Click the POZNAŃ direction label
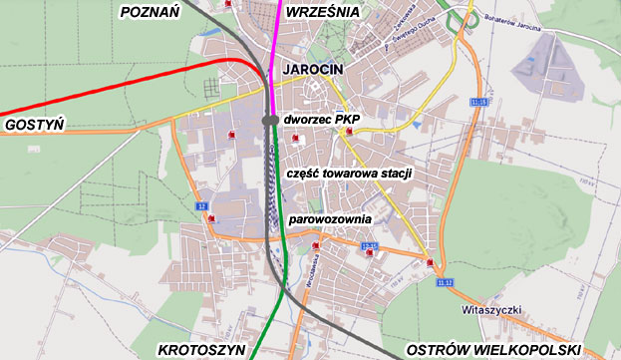148,12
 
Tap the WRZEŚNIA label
320,12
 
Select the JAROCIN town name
312,69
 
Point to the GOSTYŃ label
34,125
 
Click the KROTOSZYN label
199,350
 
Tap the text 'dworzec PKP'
320,120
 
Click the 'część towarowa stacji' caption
348,173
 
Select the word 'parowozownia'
330,218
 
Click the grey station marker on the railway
270,120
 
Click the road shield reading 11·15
481,102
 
